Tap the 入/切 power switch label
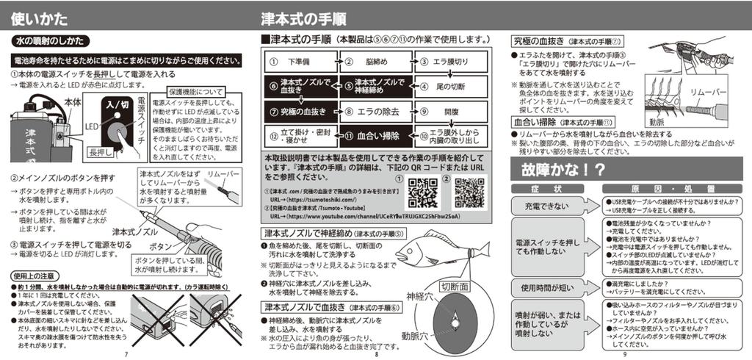pos(118,104)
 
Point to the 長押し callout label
pos(99,152)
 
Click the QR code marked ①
pos(422,194)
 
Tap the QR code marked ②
pos(469,192)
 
